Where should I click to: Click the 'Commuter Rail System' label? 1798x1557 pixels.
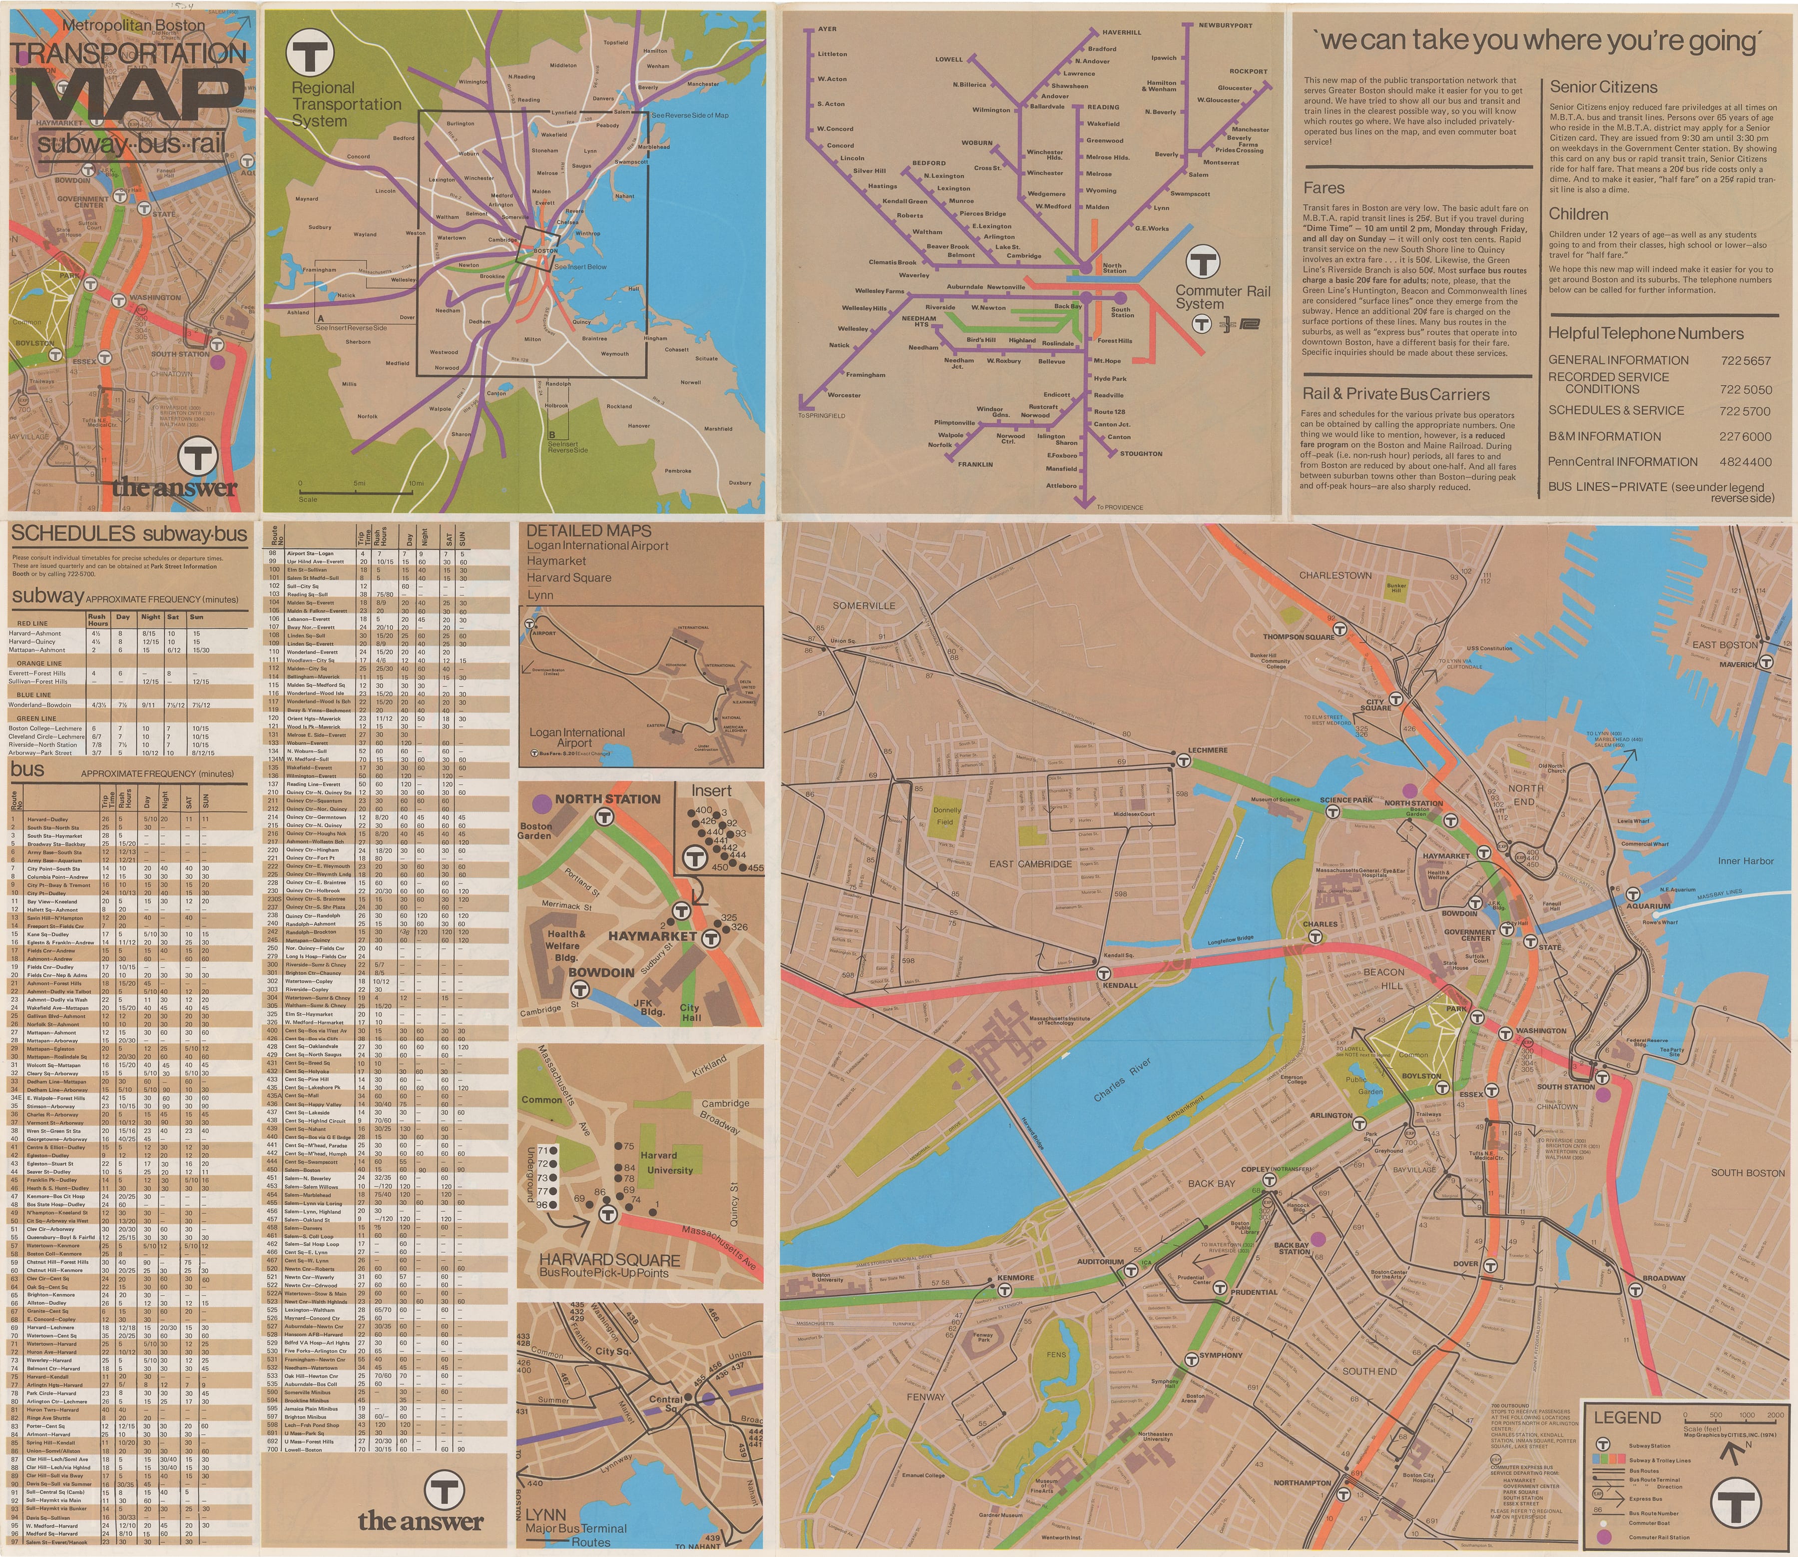[x=1223, y=297]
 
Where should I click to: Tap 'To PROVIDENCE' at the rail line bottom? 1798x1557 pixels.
[x=1120, y=507]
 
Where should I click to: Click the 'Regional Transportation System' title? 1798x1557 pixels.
[x=346, y=104]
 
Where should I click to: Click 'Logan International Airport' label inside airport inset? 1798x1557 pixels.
[x=577, y=738]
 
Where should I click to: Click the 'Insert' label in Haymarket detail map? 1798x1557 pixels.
[x=711, y=790]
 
